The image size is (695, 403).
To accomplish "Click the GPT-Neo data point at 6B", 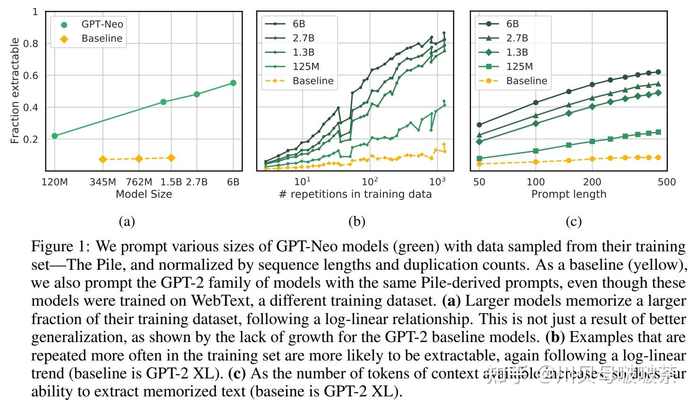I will click(233, 83).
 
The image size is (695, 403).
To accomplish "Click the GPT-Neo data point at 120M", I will click(55, 136).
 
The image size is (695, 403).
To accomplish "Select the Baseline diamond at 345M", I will click(103, 160).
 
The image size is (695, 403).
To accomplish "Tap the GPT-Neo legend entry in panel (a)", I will click(102, 25).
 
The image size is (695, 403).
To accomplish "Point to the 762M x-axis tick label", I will click(139, 182).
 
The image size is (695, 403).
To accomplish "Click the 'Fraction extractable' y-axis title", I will click(15, 91).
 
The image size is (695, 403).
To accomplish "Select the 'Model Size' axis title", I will click(144, 194).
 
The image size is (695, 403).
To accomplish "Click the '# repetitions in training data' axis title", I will click(355, 194).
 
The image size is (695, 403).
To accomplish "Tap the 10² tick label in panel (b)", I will click(370, 182).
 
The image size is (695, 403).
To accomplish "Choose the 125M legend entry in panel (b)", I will click(305, 67).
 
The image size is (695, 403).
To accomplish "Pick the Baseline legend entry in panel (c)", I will click(526, 81).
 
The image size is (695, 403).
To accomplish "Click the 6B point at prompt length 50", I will click(479, 125).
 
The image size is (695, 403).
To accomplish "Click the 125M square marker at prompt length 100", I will click(536, 151).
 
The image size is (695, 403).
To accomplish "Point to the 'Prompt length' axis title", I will click(568, 194).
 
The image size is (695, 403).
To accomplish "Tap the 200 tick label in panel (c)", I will click(592, 182).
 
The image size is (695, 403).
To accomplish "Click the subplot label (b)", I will click(356, 221).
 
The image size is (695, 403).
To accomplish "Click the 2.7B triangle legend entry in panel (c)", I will click(517, 38).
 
